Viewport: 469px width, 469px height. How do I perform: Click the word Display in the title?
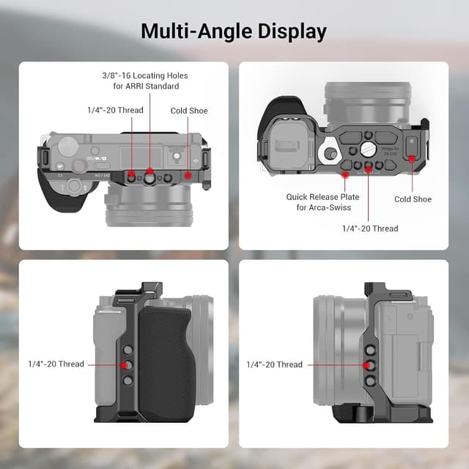pyautogui.click(x=289, y=32)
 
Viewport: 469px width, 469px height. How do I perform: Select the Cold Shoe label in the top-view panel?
pyautogui.click(x=189, y=111)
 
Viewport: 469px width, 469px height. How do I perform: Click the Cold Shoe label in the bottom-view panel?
pyautogui.click(x=413, y=199)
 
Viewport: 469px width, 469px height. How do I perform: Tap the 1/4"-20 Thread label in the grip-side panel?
pyautogui.click(x=56, y=364)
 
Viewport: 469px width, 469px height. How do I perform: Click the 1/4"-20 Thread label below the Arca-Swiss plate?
pyautogui.click(x=370, y=229)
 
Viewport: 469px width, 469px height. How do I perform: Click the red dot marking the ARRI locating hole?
pyautogui.click(x=149, y=177)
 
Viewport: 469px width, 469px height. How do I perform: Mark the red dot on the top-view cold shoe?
pyautogui.click(x=188, y=176)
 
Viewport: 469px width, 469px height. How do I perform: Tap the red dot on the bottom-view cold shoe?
pyautogui.click(x=413, y=157)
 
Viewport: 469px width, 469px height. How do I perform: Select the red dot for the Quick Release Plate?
pyautogui.click(x=344, y=175)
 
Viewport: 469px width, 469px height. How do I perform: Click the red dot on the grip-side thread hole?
pyautogui.click(x=125, y=364)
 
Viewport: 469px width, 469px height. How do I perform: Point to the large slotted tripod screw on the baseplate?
pyautogui.click(x=368, y=149)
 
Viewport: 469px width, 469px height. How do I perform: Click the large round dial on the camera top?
pyautogui.click(x=67, y=144)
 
